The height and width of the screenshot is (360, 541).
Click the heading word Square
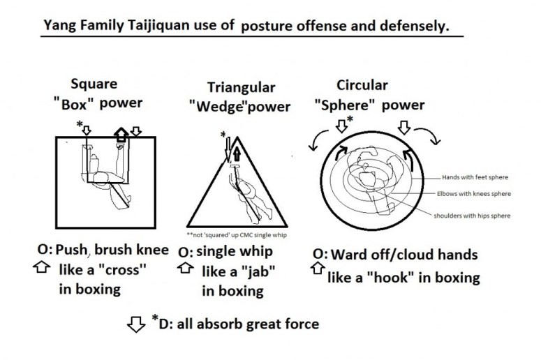pos(94,85)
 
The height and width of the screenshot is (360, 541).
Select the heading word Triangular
pos(241,88)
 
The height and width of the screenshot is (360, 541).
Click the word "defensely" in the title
pos(417,27)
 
